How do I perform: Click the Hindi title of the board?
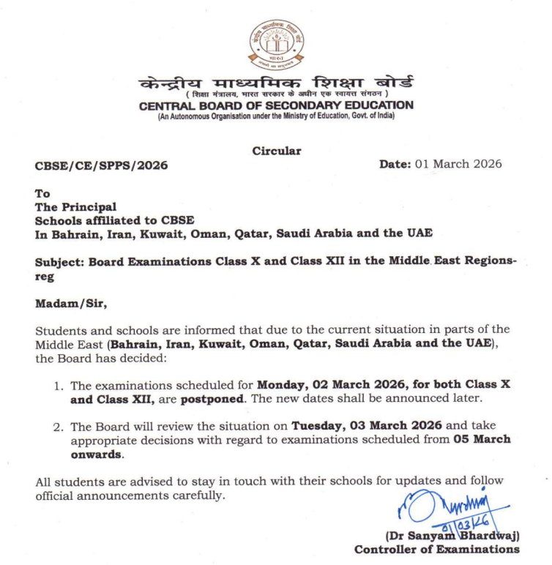[x=276, y=83]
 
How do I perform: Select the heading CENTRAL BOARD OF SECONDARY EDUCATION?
[x=276, y=105]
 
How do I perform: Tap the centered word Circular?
[x=276, y=150]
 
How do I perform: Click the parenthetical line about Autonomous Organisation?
[x=276, y=116]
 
